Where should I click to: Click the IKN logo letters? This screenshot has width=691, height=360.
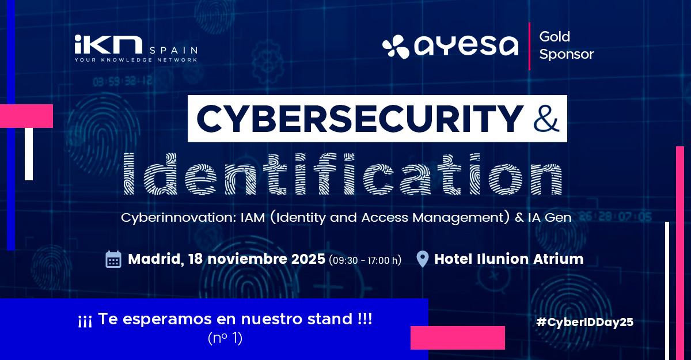click(108, 44)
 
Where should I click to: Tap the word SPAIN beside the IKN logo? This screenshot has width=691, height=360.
click(174, 50)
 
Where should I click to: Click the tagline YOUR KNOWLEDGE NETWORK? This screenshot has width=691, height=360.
click(136, 60)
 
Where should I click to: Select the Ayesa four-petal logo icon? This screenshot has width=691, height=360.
click(396, 47)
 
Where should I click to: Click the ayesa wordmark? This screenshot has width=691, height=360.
click(466, 46)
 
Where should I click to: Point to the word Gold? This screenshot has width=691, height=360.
click(555, 37)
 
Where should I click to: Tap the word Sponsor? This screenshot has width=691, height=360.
click(567, 54)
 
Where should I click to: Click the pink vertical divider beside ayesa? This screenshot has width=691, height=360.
click(529, 46)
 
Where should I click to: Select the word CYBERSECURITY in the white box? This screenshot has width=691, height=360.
click(360, 119)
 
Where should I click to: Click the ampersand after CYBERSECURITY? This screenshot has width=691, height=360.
click(546, 119)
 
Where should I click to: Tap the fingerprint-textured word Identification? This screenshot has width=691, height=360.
click(343, 174)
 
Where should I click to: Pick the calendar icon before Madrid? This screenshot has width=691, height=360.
click(113, 259)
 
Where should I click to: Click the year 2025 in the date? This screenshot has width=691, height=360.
click(308, 259)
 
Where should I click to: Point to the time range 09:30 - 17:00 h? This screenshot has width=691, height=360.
click(365, 260)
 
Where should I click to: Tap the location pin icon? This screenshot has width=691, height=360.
click(422, 259)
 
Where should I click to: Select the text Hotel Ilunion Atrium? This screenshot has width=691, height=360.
click(508, 259)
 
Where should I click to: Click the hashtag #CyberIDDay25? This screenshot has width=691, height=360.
click(585, 322)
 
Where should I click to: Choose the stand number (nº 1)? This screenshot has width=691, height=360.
click(225, 338)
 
